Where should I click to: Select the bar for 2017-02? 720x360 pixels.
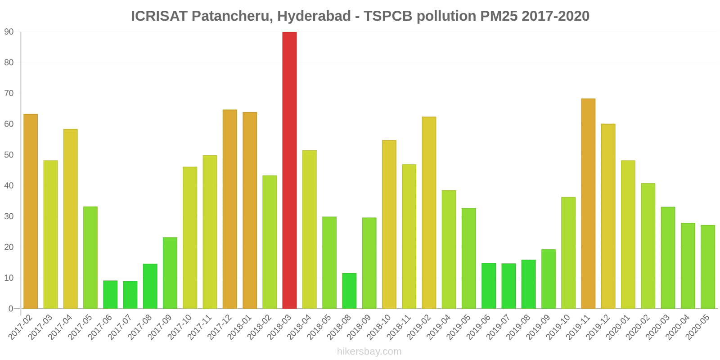point(31,211)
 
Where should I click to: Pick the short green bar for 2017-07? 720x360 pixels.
point(130,295)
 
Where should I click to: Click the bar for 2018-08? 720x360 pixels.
point(349,291)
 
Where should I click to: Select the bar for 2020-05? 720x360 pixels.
point(707,267)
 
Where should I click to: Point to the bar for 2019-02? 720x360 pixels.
point(429,212)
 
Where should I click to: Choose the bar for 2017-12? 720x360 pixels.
point(229,209)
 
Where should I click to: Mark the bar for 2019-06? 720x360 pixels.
point(489,286)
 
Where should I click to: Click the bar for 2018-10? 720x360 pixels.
point(389,224)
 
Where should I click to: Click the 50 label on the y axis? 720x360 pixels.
point(9,155)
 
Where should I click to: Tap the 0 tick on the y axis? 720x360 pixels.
point(11,309)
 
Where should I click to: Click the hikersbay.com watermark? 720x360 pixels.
point(369,351)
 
